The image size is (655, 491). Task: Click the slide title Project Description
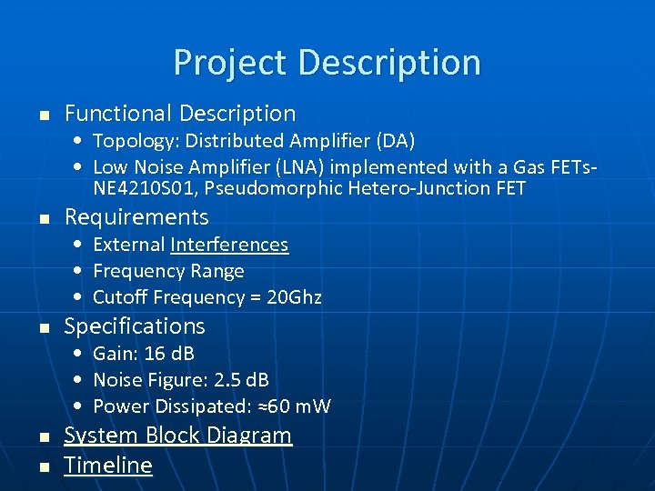[x=327, y=63]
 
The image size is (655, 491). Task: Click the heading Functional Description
[x=180, y=114]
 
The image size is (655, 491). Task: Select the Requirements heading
[x=136, y=217]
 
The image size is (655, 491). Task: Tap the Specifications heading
[x=135, y=326]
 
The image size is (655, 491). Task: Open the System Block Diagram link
[x=178, y=436]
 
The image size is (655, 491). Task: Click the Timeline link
[x=108, y=466]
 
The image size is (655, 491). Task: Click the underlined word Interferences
[x=229, y=245]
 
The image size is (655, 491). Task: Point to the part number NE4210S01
[x=138, y=189]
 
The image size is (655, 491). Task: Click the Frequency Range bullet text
[x=168, y=271]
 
